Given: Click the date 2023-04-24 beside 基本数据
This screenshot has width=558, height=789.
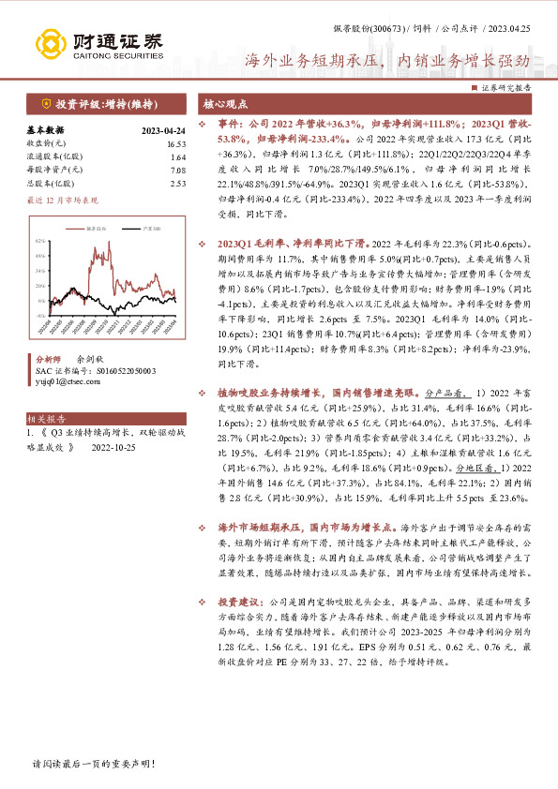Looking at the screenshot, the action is tap(163, 131).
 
